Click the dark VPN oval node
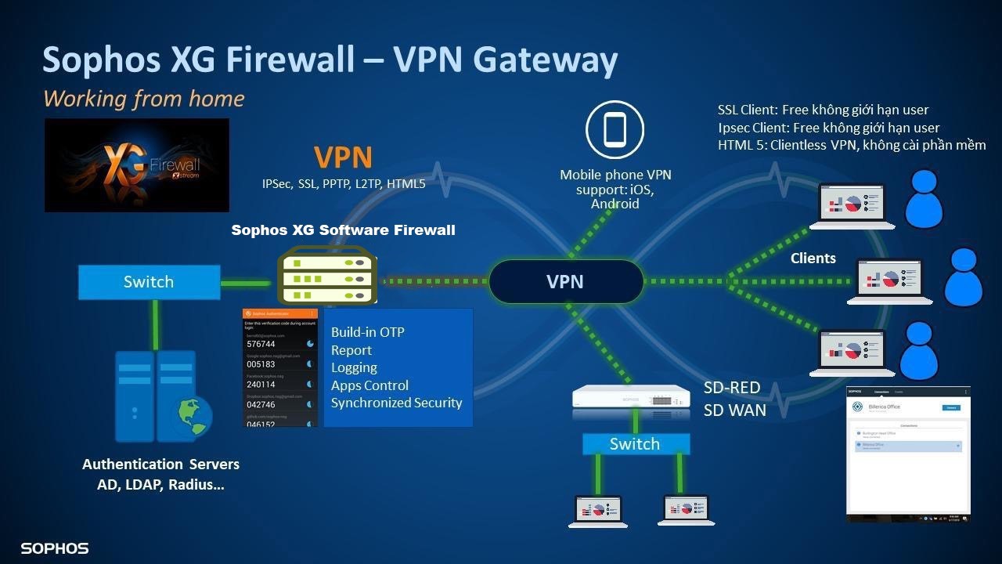pos(565,281)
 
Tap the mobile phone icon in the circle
pos(615,130)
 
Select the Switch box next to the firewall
pos(149,282)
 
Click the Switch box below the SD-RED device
pos(635,444)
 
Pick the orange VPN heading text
pos(343,157)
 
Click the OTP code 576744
pos(261,344)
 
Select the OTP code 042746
pos(261,405)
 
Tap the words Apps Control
pos(369,385)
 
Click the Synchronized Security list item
pos(396,403)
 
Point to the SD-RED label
pos(732,388)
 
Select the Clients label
pos(813,258)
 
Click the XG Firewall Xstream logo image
pos(137,165)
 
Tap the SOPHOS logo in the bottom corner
pos(55,548)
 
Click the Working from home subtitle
pos(144,99)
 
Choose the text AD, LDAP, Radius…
pos(160,485)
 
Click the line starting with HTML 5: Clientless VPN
pos(852,145)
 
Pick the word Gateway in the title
pos(546,60)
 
